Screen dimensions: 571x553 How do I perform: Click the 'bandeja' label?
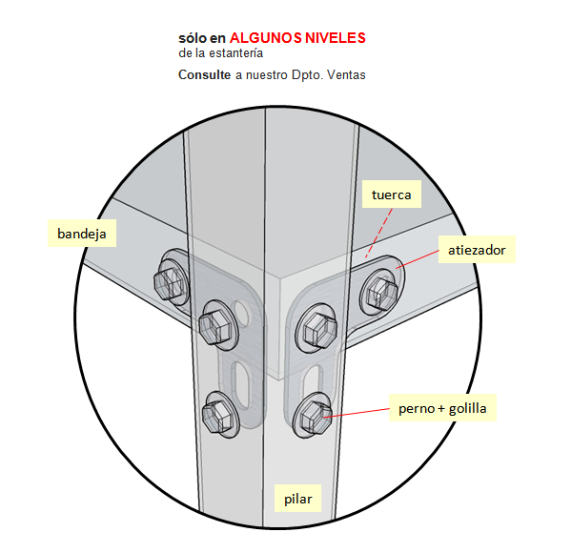82,234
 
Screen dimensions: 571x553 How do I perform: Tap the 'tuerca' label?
392,195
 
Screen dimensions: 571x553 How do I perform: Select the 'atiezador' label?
477,250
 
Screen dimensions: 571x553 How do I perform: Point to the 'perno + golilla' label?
442,408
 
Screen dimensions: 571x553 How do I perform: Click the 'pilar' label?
297,499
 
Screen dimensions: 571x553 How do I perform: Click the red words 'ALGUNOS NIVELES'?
297,38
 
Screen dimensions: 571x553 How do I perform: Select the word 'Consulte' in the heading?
204,74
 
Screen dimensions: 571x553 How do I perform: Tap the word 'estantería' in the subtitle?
236,53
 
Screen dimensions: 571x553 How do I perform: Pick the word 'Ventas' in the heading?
346,74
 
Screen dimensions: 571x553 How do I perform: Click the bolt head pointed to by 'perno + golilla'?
313,416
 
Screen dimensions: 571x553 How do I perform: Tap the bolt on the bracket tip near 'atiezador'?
381,292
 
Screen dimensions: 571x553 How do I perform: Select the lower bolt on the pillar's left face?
219,415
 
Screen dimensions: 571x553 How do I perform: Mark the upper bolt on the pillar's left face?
217,325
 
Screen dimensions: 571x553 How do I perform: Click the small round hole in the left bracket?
241,309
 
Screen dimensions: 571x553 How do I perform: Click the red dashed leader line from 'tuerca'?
378,234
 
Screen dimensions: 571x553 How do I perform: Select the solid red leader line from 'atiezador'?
418,259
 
